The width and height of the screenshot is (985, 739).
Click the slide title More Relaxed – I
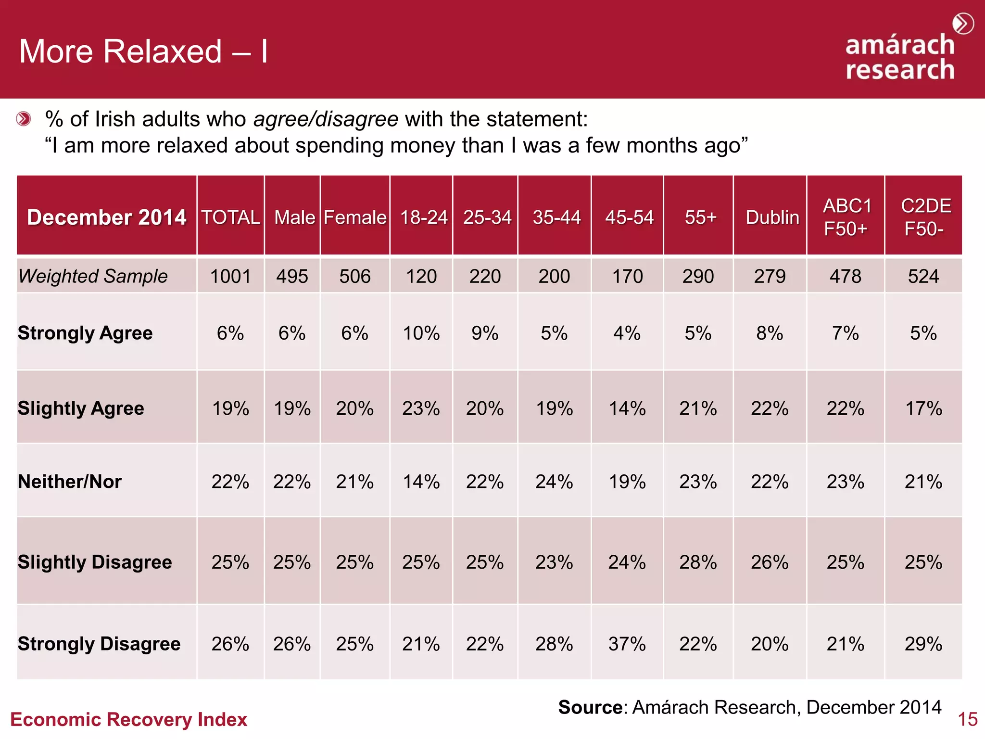(x=143, y=51)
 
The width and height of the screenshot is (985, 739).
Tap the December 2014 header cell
(x=106, y=217)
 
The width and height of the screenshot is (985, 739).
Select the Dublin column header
(x=772, y=217)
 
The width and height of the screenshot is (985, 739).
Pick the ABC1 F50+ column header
(x=846, y=217)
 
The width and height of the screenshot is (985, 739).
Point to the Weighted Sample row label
(x=93, y=276)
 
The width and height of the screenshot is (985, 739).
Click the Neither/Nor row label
(x=70, y=482)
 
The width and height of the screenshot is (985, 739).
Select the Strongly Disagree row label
(x=99, y=644)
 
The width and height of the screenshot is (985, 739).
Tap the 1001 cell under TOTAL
(x=230, y=277)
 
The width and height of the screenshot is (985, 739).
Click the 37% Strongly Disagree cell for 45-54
(x=627, y=644)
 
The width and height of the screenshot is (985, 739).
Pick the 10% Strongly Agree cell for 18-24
(x=421, y=333)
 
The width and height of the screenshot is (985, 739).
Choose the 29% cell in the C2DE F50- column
(x=923, y=644)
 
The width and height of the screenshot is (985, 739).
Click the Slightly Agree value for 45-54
(x=627, y=408)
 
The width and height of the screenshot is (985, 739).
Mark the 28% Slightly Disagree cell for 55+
(x=698, y=562)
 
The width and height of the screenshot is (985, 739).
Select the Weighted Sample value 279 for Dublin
(x=770, y=277)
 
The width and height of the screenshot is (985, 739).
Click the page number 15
(x=967, y=720)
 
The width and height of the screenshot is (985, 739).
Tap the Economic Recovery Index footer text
(x=128, y=720)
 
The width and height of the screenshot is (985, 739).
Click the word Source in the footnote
(x=590, y=707)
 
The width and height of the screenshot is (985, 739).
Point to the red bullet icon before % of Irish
(x=23, y=118)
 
